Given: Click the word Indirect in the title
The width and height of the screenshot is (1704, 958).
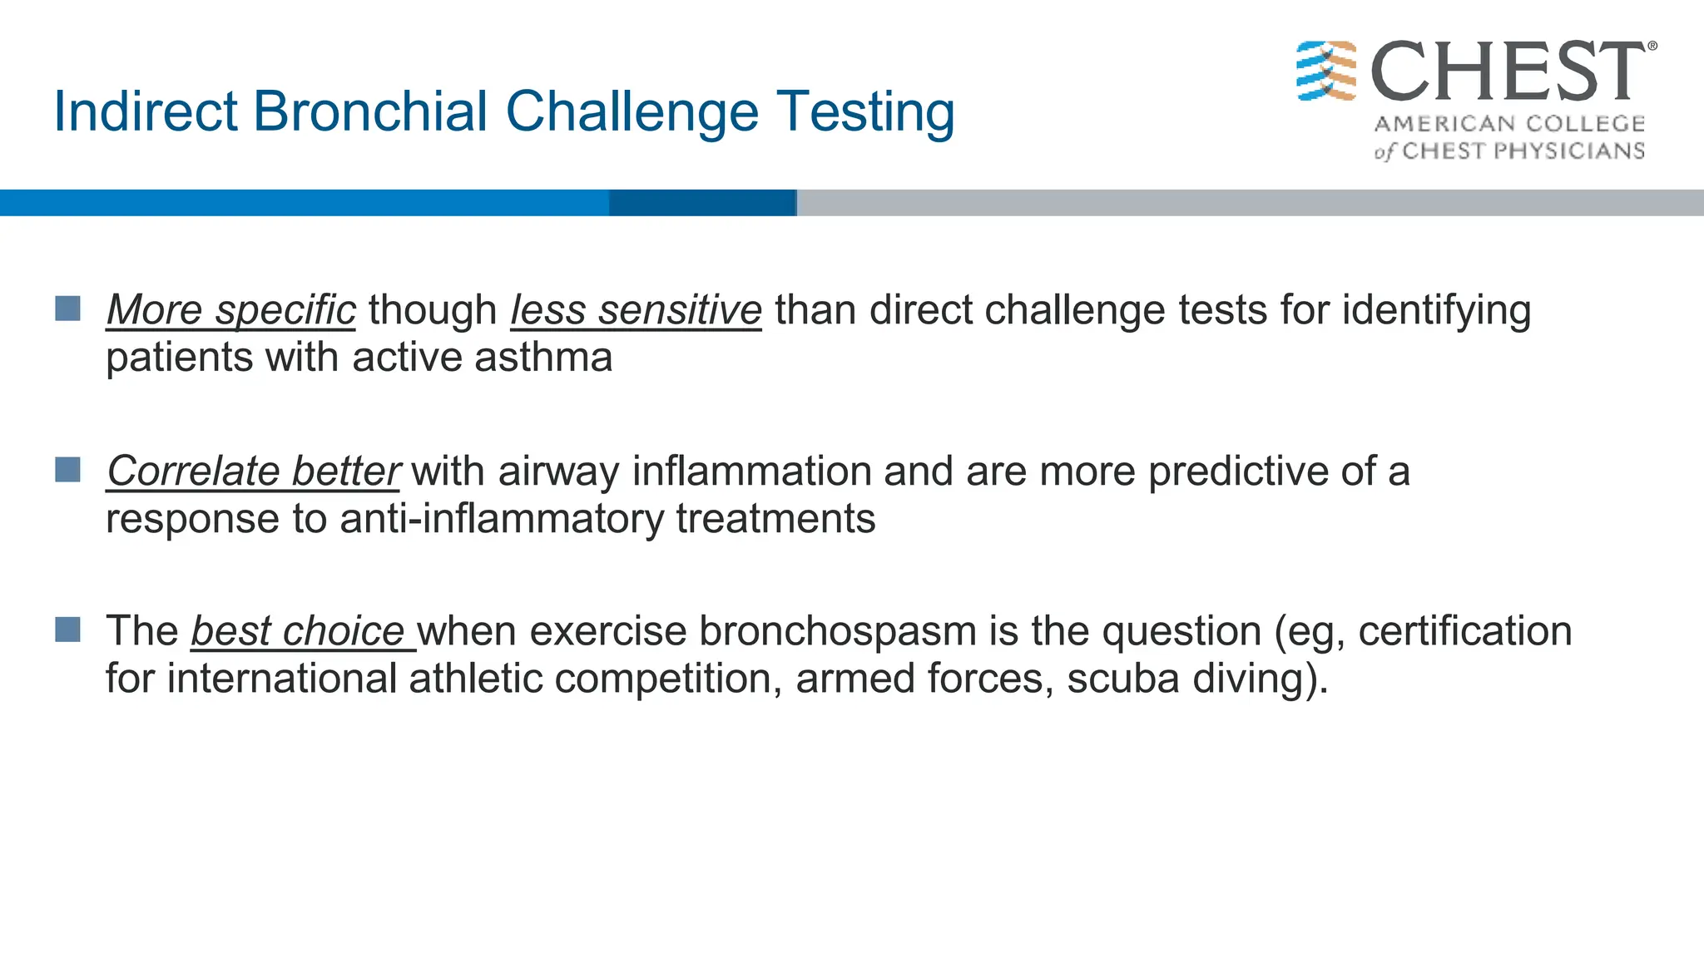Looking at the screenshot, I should click(x=146, y=111).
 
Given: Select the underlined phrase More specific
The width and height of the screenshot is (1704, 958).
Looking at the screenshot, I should click(x=230, y=310).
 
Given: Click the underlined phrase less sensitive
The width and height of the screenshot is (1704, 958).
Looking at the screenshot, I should click(x=636, y=310).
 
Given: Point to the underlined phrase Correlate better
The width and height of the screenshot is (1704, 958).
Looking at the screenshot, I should click(x=253, y=472).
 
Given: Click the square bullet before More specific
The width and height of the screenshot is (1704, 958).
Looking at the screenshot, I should click(x=68, y=309).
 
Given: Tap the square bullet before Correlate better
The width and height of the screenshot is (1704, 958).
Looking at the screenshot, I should click(x=68, y=470).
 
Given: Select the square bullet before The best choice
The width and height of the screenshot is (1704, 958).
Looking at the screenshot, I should click(x=68, y=630).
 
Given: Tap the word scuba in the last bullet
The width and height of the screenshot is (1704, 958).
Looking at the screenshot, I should click(x=1123, y=679).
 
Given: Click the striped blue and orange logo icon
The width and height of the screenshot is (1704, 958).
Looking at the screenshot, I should click(x=1326, y=72).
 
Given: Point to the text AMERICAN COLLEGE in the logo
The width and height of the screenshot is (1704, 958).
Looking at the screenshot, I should click(x=1509, y=124).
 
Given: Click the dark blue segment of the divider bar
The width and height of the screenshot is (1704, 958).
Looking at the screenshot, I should click(x=702, y=203).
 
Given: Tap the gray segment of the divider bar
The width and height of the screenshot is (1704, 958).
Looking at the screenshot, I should click(x=1248, y=203).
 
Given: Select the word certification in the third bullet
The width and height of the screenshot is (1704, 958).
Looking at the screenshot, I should click(x=1464, y=631).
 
